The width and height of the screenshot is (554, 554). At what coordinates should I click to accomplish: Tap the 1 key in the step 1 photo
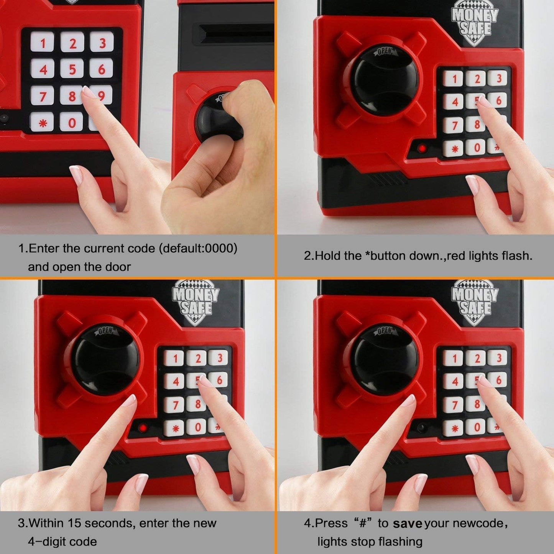point(42,42)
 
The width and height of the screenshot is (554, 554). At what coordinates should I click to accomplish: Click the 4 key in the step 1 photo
point(43,69)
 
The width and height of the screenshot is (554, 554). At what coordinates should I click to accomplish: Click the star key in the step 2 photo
point(455,148)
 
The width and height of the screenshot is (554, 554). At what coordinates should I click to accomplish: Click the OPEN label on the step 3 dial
point(105,331)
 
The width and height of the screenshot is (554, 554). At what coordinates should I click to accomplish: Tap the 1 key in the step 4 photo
point(455,358)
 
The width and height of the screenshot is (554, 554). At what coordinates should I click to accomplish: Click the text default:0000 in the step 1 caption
point(198,248)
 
